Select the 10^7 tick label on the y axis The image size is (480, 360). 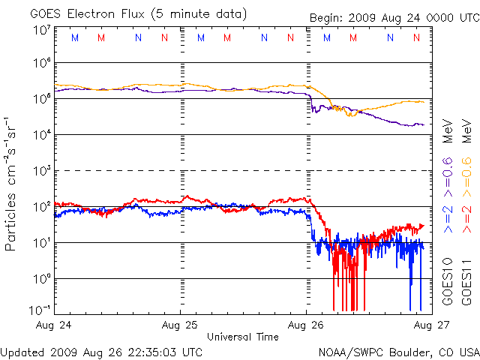tap(41, 30)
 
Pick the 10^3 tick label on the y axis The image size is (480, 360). tap(41, 170)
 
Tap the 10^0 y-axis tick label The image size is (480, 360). tap(41, 278)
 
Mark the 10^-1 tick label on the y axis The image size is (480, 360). tap(40, 308)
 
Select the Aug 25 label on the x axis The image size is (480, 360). tap(181, 325)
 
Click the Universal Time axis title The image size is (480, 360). tap(243, 337)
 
